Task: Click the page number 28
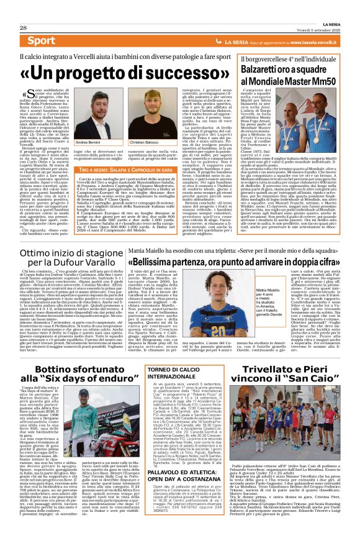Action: click(23, 28)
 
